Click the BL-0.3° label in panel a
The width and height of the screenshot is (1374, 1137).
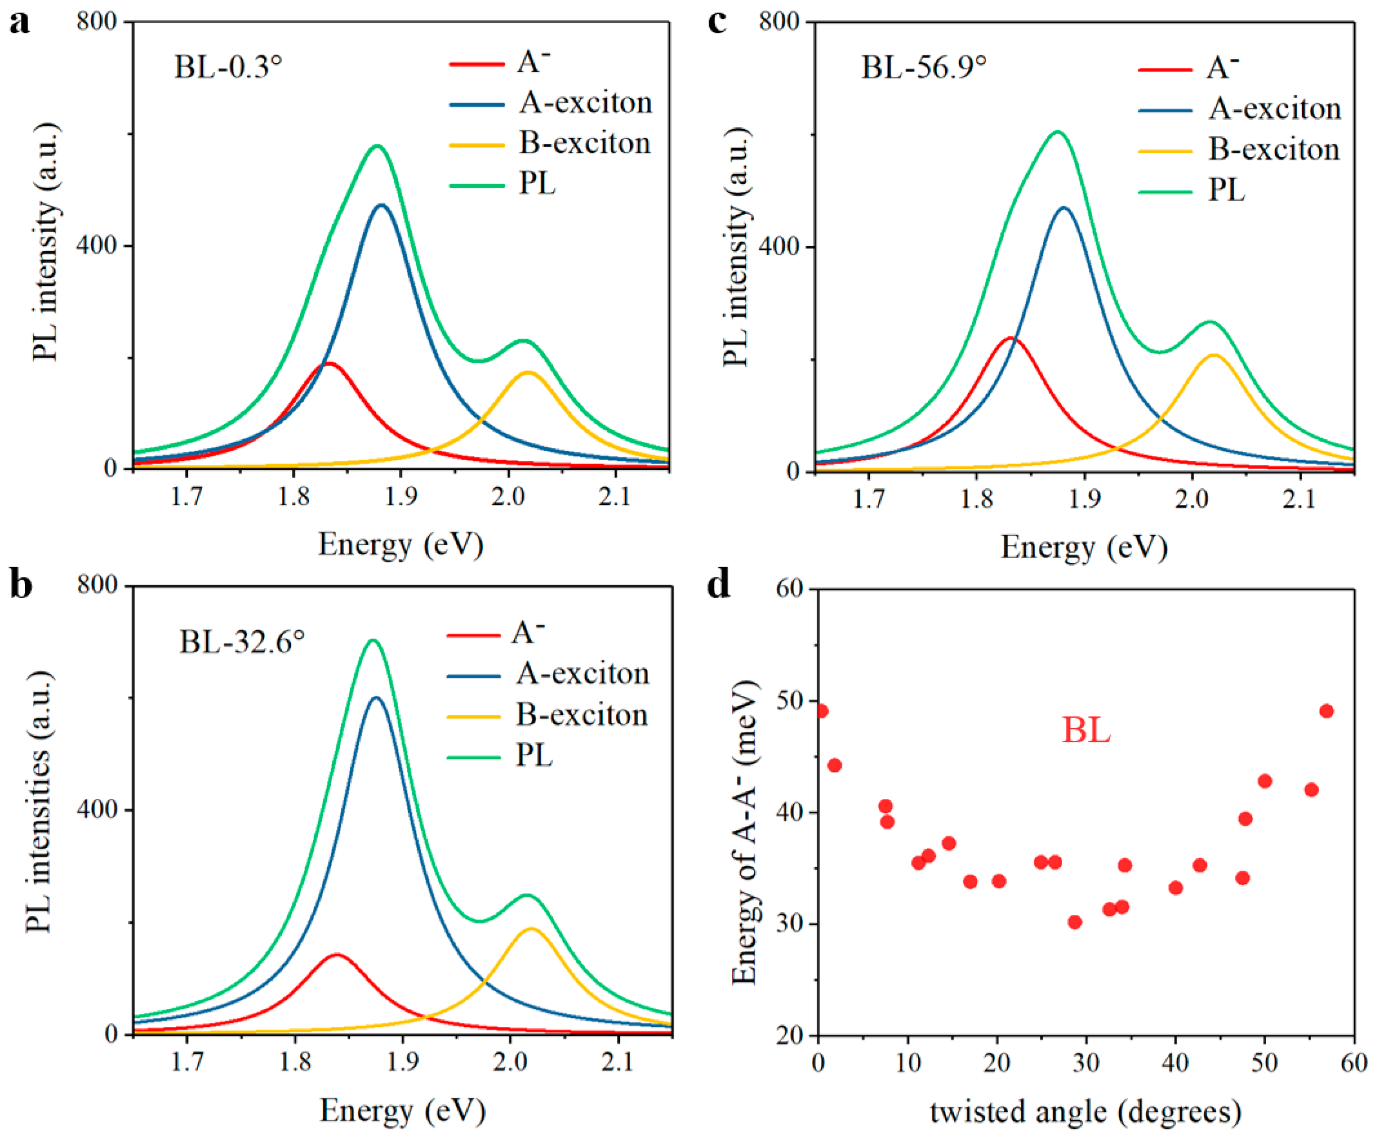click(x=228, y=66)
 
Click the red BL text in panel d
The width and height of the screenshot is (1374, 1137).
click(x=1086, y=730)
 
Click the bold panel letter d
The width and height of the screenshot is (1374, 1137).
click(x=719, y=584)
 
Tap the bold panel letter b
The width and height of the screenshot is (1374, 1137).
click(x=21, y=584)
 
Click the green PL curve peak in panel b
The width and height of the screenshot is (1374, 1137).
click(x=374, y=640)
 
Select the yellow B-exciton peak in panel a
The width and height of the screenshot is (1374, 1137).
click(x=528, y=372)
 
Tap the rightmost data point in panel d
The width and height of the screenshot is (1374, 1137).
click(x=1327, y=711)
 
